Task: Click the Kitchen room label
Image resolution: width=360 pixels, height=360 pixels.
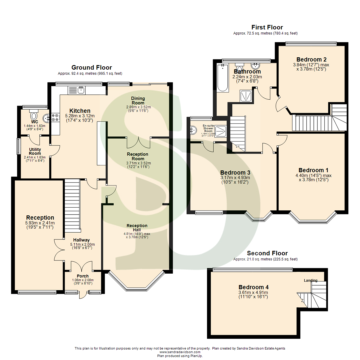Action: pyautogui.click(x=80, y=111)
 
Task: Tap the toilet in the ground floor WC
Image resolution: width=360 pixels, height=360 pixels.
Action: pyautogui.click(x=34, y=116)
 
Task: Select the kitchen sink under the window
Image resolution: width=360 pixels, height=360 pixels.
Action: pyautogui.click(x=81, y=89)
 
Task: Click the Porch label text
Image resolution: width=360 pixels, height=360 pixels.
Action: pyautogui.click(x=82, y=276)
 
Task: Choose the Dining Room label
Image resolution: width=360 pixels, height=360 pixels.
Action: pyautogui.click(x=138, y=101)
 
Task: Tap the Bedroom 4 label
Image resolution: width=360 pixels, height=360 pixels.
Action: pyautogui.click(x=253, y=287)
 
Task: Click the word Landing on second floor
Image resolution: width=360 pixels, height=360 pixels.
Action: pyautogui.click(x=310, y=280)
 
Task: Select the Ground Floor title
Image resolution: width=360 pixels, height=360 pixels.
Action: pyautogui.click(x=92, y=68)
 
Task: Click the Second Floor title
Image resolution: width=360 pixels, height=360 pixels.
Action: pyautogui.click(x=265, y=253)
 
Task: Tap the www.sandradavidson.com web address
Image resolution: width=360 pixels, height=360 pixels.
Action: pyautogui.click(x=180, y=352)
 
